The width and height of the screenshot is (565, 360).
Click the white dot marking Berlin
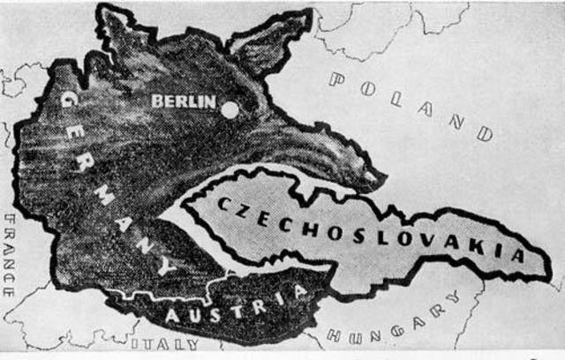(230, 110)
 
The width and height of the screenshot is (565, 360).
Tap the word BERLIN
(184, 101)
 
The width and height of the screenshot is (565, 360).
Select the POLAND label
(411, 105)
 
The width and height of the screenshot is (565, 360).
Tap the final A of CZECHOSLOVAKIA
(520, 256)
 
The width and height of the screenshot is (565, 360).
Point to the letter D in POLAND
(484, 134)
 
